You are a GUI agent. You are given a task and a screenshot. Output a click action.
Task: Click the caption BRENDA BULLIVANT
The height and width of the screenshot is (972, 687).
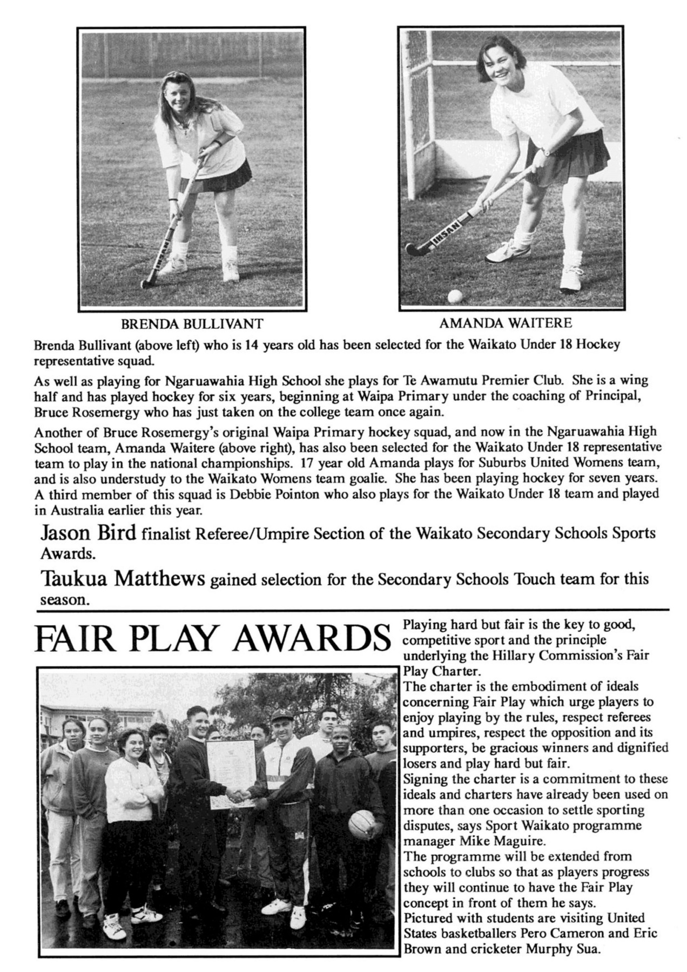[x=192, y=324]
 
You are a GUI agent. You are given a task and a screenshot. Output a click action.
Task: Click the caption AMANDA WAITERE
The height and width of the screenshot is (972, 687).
[x=505, y=323]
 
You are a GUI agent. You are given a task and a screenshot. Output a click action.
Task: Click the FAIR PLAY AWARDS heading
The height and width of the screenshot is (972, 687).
[x=212, y=639]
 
